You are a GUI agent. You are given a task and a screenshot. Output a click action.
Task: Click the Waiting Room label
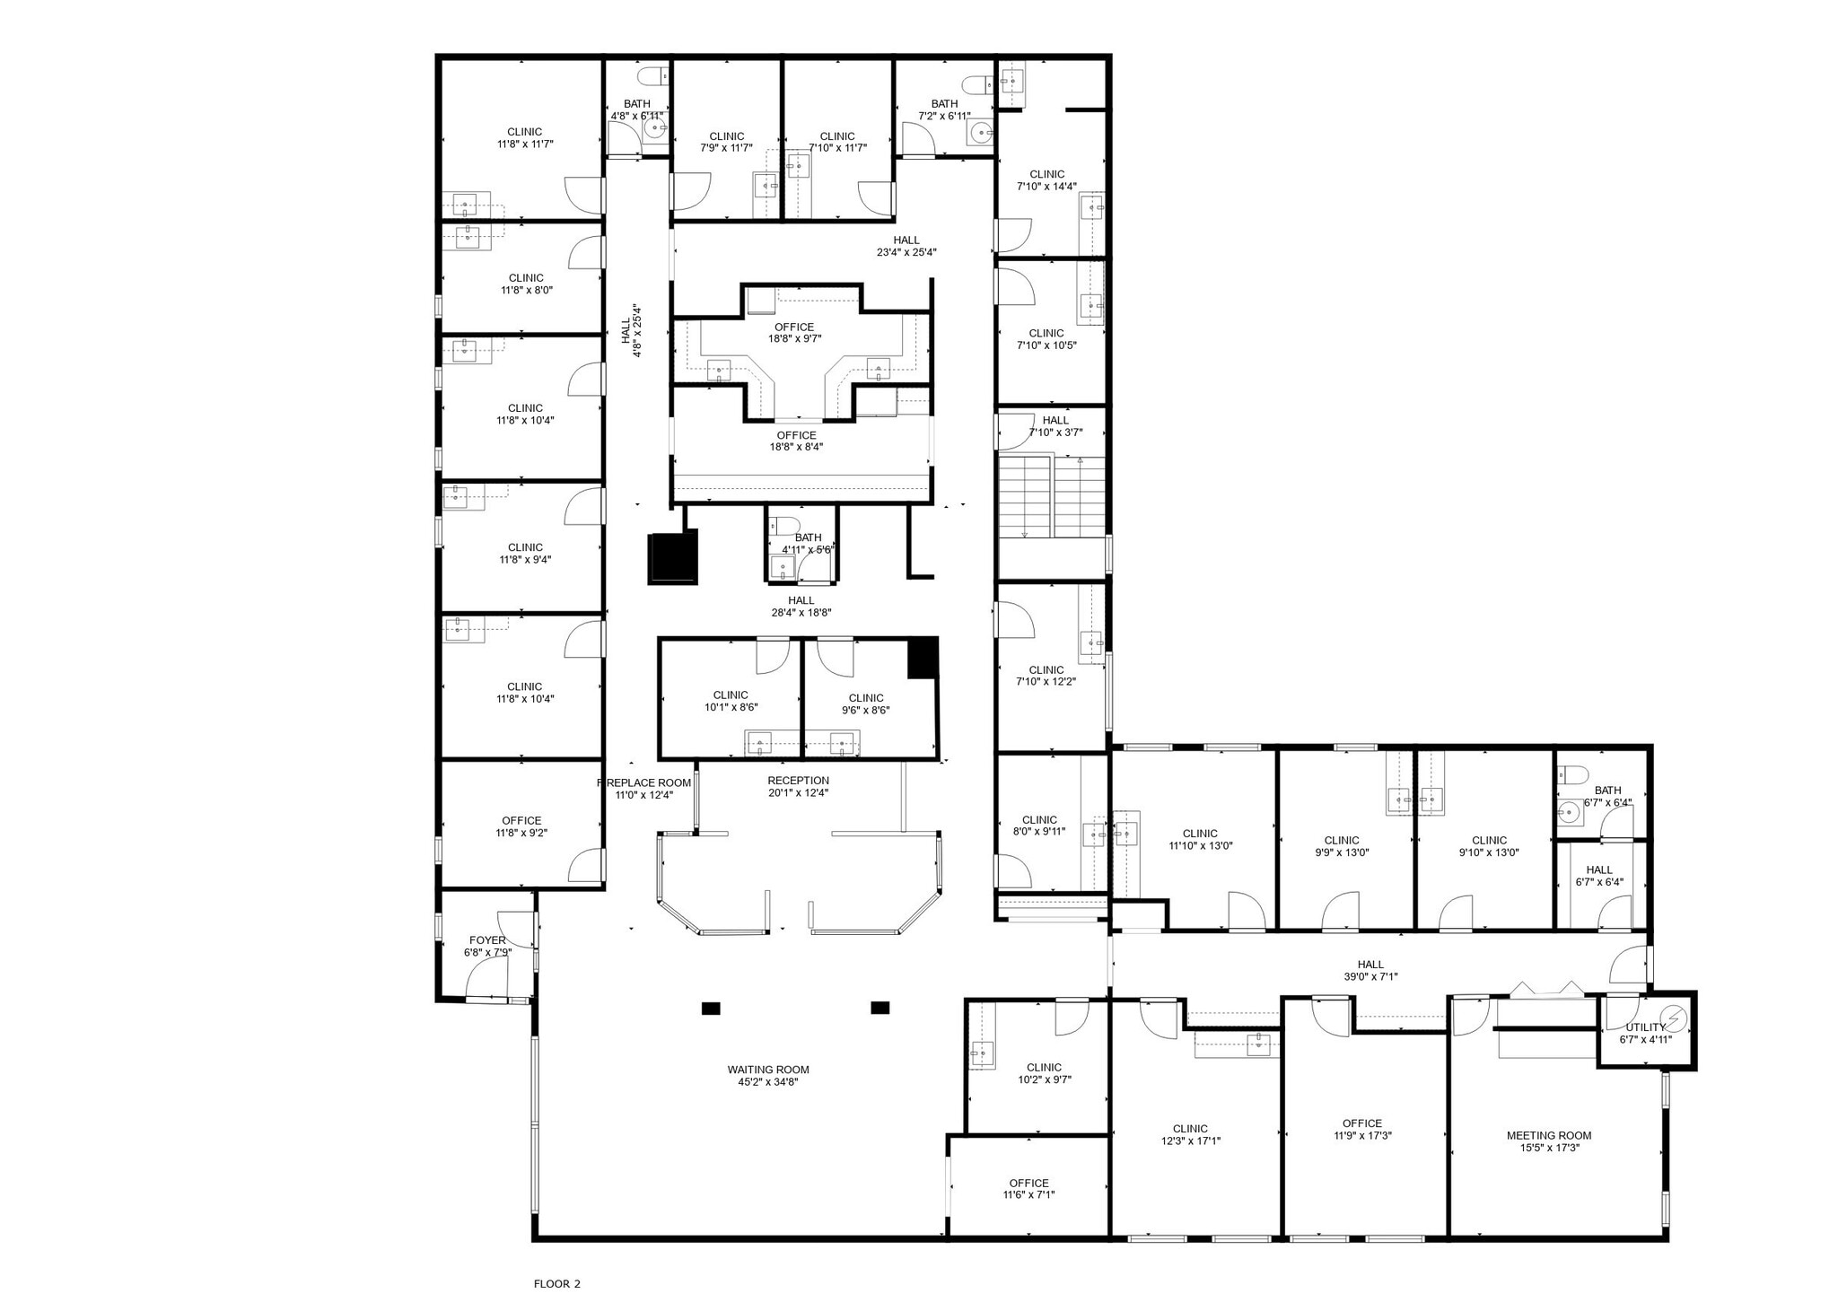(x=767, y=1070)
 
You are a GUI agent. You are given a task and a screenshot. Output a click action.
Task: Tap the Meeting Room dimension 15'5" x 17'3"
(x=1548, y=1148)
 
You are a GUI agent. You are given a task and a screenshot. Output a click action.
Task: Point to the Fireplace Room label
(x=644, y=782)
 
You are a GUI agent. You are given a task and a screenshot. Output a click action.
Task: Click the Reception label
(x=798, y=781)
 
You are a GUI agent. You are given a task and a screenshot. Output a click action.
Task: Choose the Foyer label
(x=487, y=940)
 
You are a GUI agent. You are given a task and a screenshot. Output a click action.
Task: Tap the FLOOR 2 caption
(x=556, y=1284)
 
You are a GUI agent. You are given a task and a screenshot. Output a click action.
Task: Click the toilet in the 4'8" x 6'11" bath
(x=651, y=74)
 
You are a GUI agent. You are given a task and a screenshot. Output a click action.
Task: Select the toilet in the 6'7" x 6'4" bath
(x=1572, y=774)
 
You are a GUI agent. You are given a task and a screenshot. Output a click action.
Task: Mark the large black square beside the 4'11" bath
(x=673, y=557)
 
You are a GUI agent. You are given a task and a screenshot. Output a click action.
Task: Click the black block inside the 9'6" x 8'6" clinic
(x=922, y=658)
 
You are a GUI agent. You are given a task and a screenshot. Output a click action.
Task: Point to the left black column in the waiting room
(x=710, y=1009)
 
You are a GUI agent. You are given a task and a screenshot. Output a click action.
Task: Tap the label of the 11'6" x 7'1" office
(x=1028, y=1183)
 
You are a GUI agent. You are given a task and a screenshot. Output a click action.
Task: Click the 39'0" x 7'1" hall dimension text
(x=1370, y=977)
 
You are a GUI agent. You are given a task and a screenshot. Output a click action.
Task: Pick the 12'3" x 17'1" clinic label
(x=1190, y=1129)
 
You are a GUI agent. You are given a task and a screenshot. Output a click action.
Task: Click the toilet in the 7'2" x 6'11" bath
(x=976, y=85)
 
